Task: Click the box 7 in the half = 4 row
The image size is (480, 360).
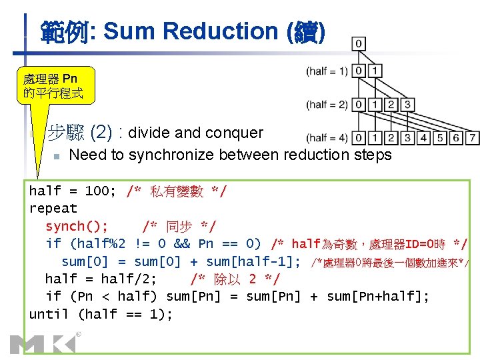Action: [x=473, y=138]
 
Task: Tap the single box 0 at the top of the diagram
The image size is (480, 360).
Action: [x=359, y=44]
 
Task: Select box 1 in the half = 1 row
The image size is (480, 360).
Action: [x=375, y=71]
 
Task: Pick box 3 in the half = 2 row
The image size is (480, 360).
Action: [x=407, y=104]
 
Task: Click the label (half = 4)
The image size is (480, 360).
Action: [x=327, y=139]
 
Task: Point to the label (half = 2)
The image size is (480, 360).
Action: [x=327, y=105]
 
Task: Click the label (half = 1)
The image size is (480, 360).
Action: [x=327, y=71]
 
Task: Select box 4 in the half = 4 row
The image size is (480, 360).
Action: [x=423, y=138]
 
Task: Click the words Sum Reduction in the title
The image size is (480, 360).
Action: [x=181, y=31]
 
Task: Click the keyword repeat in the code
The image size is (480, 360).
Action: [x=53, y=209]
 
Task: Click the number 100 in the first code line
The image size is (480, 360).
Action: [x=97, y=191]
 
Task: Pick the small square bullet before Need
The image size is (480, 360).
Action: [x=57, y=156]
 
